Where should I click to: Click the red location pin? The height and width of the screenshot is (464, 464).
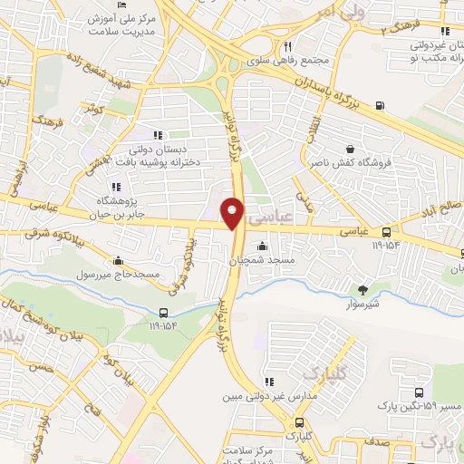[232, 213]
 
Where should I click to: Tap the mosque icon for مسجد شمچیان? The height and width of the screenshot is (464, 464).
[263, 245]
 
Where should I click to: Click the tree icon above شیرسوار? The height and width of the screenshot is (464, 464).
[363, 290]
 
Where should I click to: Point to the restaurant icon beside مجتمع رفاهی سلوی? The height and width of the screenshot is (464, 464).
[286, 46]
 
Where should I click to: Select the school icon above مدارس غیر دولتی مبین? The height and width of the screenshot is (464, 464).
[267, 382]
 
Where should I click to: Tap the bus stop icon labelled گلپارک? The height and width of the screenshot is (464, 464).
[299, 422]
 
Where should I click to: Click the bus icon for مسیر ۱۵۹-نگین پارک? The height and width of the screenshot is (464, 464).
[418, 393]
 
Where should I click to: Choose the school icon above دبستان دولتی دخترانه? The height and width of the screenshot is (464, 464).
[159, 136]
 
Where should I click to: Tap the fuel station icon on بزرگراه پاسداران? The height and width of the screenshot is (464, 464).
[378, 104]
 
